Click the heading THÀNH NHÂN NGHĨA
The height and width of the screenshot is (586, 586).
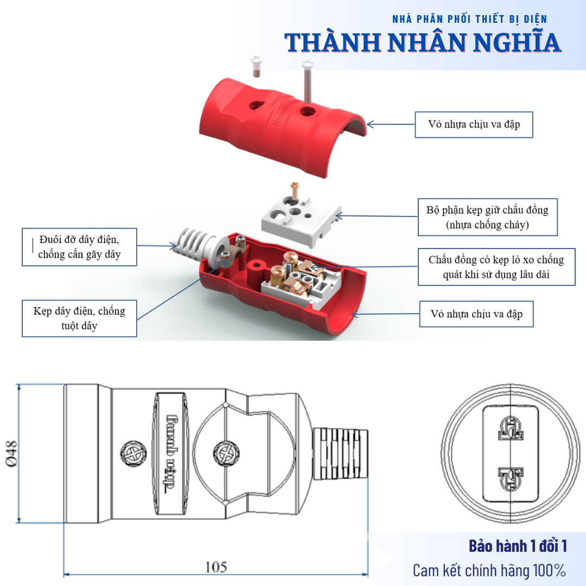pyautogui.click(x=423, y=42)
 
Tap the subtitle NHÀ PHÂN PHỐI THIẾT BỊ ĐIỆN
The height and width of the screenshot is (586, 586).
pyautogui.click(x=469, y=19)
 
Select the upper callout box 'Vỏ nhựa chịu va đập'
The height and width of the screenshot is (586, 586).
pyautogui.click(x=473, y=124)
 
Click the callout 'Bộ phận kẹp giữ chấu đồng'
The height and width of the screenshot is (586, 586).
pyautogui.click(x=487, y=216)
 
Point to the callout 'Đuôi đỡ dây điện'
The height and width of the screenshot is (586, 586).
pyautogui.click(x=79, y=247)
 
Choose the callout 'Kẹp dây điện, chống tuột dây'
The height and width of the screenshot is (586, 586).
pyautogui.click(x=79, y=318)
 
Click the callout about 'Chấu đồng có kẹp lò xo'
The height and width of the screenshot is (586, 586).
pyautogui.click(x=496, y=267)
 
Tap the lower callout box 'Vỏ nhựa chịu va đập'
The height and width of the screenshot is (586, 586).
pyautogui.click(x=476, y=314)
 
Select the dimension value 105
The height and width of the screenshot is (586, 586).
pyautogui.click(x=216, y=567)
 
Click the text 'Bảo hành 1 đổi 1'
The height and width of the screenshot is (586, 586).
pyautogui.click(x=518, y=545)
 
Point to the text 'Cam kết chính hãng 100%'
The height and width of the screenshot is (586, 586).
pyautogui.click(x=489, y=570)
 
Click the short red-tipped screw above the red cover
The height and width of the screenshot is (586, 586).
pyautogui.click(x=256, y=66)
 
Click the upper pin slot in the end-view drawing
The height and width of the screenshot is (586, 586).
pyautogui.click(x=511, y=428)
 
